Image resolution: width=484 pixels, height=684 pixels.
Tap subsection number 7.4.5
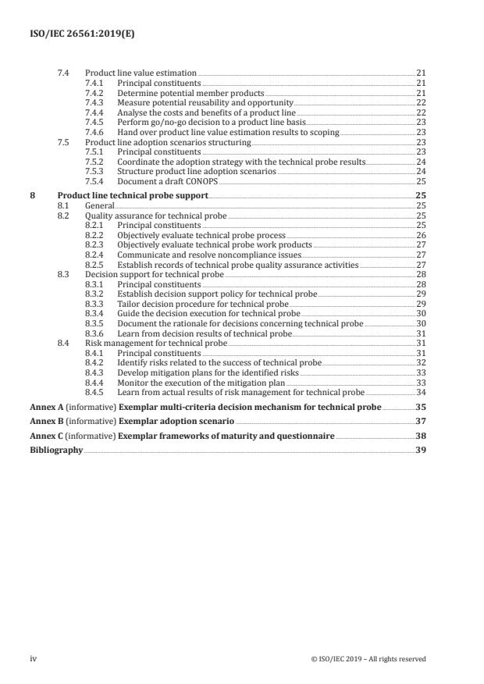point(94,123)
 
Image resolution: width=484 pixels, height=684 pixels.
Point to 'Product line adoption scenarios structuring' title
point(168,143)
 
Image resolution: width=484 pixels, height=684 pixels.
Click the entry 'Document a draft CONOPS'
point(162,181)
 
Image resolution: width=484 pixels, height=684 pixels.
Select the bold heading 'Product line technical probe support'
point(133,195)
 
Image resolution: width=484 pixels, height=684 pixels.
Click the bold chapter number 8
point(32,195)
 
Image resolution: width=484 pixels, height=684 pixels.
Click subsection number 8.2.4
point(94,255)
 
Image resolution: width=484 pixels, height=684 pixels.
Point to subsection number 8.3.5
point(94,323)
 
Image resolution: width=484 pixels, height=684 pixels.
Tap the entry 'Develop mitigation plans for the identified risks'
point(208,372)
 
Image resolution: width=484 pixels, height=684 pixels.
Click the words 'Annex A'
point(44,408)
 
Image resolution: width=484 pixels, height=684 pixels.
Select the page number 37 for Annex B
point(420,422)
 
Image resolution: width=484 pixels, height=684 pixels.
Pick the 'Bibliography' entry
point(56,450)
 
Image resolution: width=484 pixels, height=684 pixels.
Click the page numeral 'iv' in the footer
point(34,658)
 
